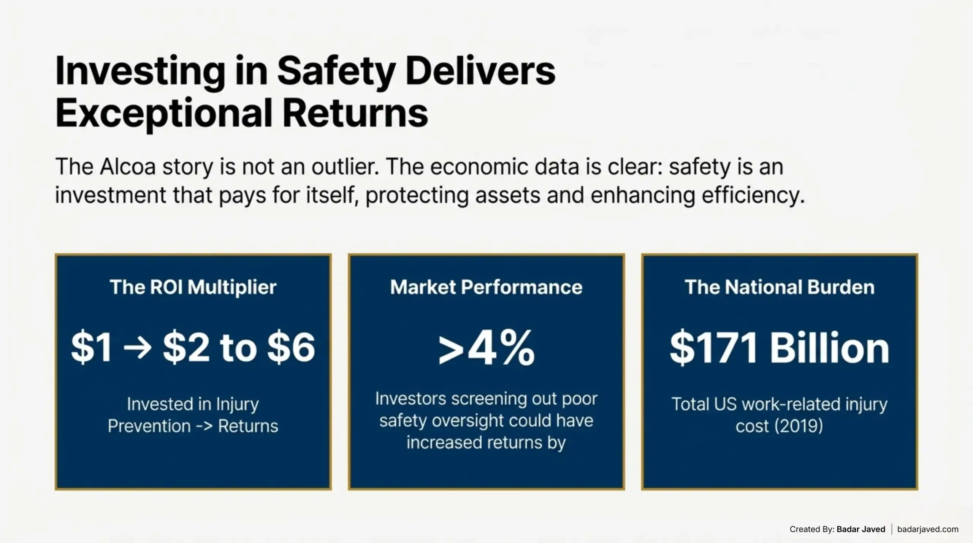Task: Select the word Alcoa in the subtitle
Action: click(x=128, y=166)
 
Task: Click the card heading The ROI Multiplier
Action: click(x=193, y=287)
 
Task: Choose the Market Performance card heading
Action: click(x=486, y=287)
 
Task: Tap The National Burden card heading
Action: click(x=780, y=287)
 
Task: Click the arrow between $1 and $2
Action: click(x=138, y=347)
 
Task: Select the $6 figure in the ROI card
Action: click(x=291, y=347)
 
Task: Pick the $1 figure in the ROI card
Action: click(x=92, y=347)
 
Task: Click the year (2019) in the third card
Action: click(x=799, y=426)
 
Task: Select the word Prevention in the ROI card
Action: click(x=149, y=426)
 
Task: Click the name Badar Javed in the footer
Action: click(x=861, y=529)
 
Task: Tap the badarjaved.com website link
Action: click(x=928, y=529)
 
